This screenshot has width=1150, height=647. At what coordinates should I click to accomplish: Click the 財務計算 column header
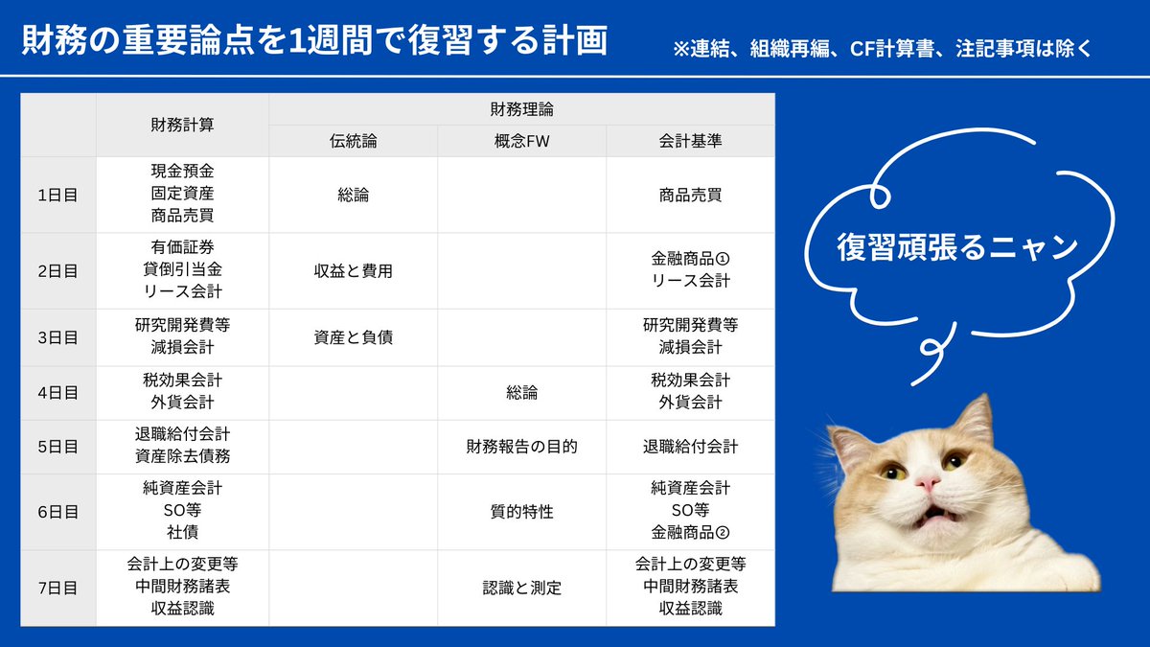pos(182,125)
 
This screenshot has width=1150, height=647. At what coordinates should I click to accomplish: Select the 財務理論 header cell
pos(521,109)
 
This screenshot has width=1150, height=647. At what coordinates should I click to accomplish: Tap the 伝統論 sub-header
pos(353,141)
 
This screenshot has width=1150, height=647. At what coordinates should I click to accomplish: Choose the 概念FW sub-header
pos(521,141)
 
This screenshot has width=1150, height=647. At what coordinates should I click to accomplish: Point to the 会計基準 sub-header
pos(690,141)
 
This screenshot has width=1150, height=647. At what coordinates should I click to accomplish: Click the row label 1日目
pos(57,195)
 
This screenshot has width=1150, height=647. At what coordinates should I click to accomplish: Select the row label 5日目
pos(57,447)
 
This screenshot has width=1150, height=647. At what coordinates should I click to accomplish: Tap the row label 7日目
pos(57,588)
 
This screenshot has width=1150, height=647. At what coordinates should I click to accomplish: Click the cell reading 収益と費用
pos(353,270)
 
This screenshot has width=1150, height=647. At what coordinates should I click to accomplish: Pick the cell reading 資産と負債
pos(353,336)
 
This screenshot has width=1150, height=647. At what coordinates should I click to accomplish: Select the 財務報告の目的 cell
pos(521,447)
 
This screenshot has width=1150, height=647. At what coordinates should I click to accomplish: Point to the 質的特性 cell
pos(521,512)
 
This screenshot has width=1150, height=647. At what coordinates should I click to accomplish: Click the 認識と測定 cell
pos(521,588)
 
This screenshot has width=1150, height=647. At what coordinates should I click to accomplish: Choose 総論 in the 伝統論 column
pos(353,195)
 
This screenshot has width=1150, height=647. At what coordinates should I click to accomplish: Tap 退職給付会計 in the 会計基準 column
pos(690,447)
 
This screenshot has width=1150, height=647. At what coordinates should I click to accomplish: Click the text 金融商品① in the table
pos(690,259)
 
